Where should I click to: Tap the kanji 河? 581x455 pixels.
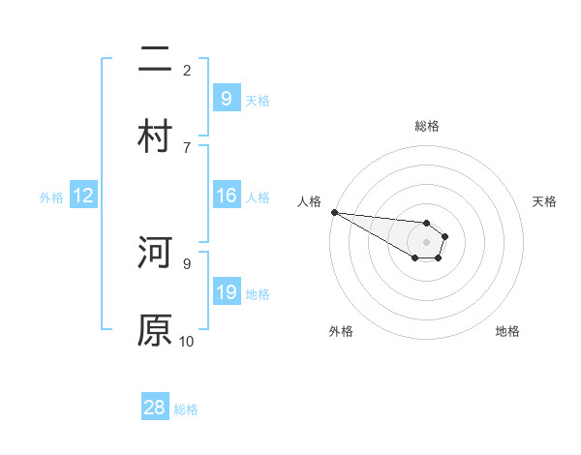click(155, 254)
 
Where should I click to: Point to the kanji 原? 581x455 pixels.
click(155, 329)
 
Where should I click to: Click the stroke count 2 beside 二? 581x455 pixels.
click(186, 70)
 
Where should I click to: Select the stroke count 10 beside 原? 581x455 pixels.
click(186, 341)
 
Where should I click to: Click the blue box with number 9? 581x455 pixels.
click(226, 99)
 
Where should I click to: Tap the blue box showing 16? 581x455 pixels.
click(226, 196)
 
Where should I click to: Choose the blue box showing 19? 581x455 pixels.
click(226, 292)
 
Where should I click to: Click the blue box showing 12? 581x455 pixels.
click(82, 197)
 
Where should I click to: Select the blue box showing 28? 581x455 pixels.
click(155, 408)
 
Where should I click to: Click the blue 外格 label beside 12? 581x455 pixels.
click(51, 197)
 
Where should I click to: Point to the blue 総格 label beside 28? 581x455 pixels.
click(186, 409)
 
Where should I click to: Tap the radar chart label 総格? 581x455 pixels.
click(426, 126)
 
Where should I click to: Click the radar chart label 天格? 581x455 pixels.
click(545, 201)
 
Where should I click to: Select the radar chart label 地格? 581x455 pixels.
click(507, 331)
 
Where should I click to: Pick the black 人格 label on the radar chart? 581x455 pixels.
click(309, 201)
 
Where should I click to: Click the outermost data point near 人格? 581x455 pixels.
click(333, 212)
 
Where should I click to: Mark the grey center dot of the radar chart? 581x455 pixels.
click(426, 242)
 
